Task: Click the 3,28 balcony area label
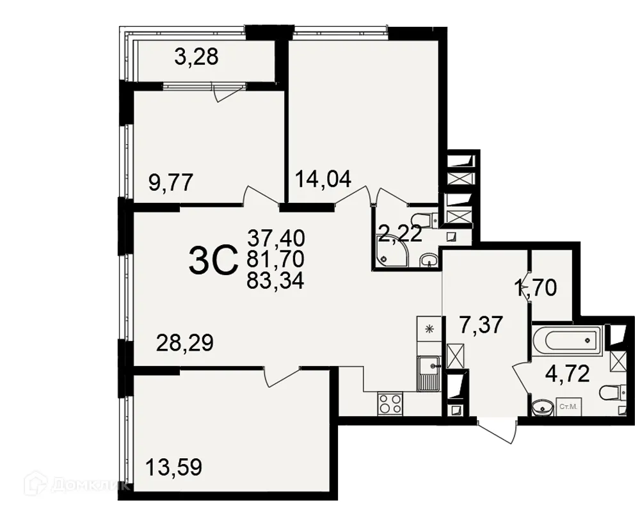click(x=196, y=58)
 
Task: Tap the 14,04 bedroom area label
click(x=323, y=179)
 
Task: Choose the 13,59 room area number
click(x=174, y=467)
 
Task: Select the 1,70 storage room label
click(x=536, y=288)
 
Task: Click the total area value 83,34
click(x=276, y=280)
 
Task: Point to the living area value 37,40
click(x=276, y=238)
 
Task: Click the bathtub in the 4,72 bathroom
click(x=566, y=340)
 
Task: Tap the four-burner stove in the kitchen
click(x=390, y=404)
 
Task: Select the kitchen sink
click(x=428, y=372)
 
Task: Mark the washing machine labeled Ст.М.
click(x=567, y=406)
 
